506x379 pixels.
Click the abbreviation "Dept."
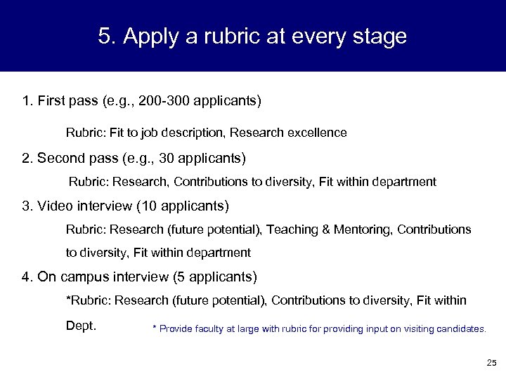81,326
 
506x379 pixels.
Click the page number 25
491,363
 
